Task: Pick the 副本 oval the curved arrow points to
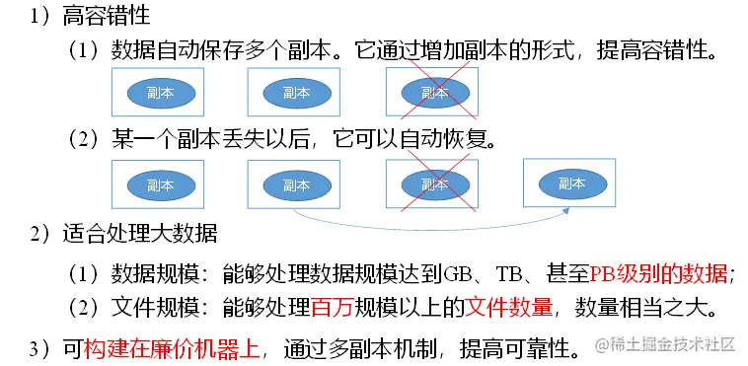click(572, 183)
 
